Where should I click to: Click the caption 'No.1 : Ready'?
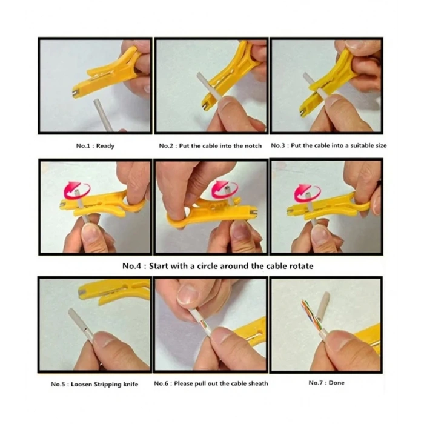tap(95, 146)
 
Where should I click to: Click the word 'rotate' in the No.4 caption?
tap(301, 266)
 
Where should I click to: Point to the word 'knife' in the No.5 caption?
tap(131, 384)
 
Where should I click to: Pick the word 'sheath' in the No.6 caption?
tap(258, 383)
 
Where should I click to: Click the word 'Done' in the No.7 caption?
tap(336, 383)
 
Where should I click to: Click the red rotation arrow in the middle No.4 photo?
tap(225, 189)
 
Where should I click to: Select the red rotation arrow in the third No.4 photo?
tap(307, 193)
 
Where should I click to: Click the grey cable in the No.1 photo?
tap(103, 114)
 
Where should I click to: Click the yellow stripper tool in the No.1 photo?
tap(108, 71)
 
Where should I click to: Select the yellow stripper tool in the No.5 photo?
tap(114, 291)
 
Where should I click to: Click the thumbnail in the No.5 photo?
tap(106, 340)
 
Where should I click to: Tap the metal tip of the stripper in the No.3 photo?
tap(303, 111)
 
